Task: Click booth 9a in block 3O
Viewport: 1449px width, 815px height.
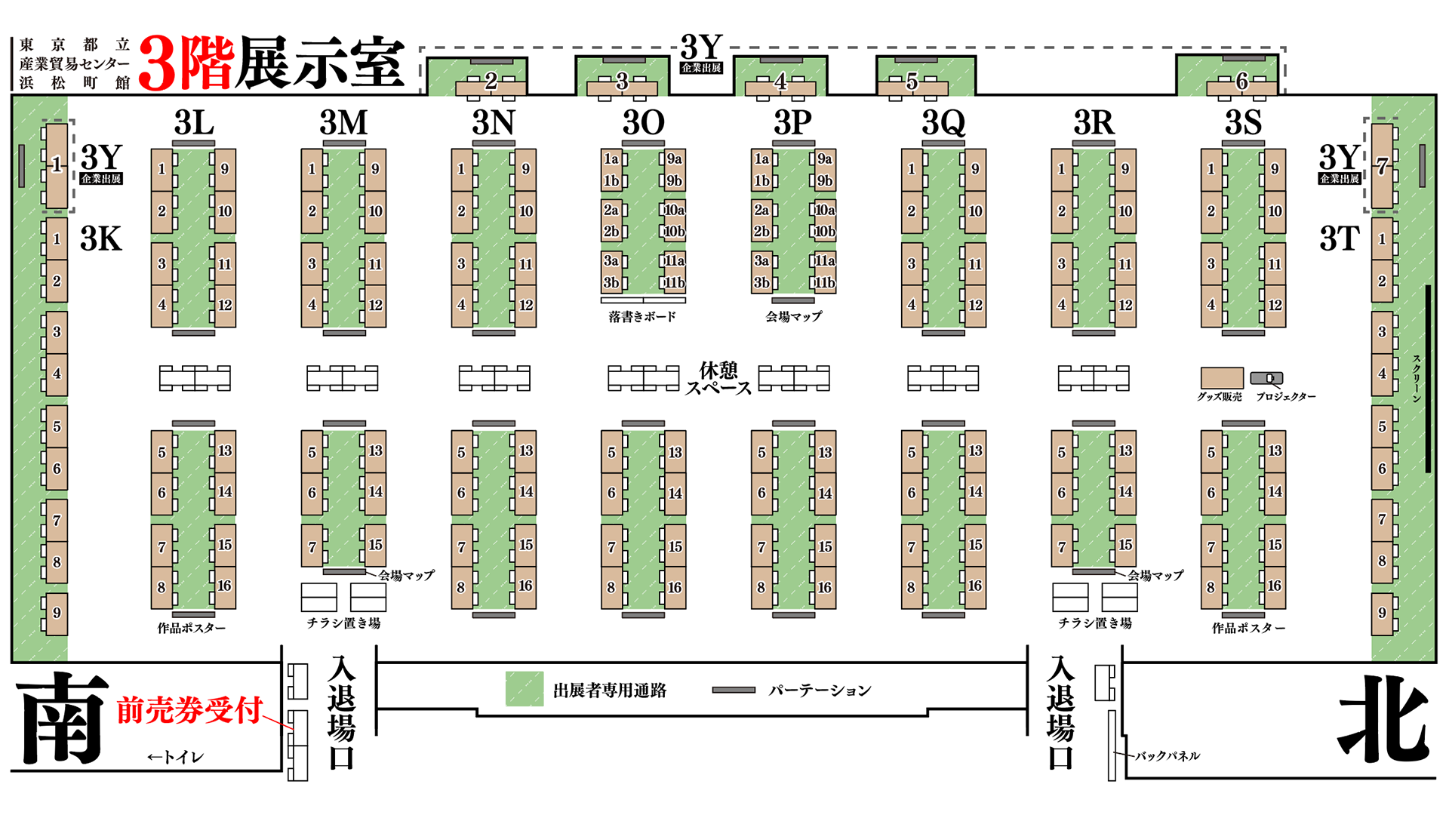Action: (674, 159)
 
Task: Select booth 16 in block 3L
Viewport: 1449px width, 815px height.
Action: (225, 586)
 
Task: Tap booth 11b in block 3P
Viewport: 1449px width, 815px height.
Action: (824, 283)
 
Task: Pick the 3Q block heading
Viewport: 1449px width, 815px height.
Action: (943, 122)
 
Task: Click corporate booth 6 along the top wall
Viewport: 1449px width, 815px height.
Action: (1241, 81)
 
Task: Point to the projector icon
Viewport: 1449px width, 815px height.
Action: (1266, 378)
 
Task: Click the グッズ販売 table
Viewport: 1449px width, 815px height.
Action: (1221, 378)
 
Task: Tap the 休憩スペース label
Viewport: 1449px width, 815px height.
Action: (718, 379)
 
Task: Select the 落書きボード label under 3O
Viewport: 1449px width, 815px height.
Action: (642, 317)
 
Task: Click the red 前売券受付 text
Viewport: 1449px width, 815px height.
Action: (189, 710)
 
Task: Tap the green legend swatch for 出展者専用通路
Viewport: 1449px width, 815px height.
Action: (524, 689)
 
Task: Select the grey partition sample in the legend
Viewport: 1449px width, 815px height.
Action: (734, 690)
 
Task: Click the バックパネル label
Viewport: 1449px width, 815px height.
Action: (1167, 755)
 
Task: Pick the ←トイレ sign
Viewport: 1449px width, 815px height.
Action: (175, 757)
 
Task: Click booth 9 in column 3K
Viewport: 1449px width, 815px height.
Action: (57, 614)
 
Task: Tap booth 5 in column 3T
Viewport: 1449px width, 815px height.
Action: (1382, 426)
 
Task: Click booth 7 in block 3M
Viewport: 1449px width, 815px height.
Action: (312, 546)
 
